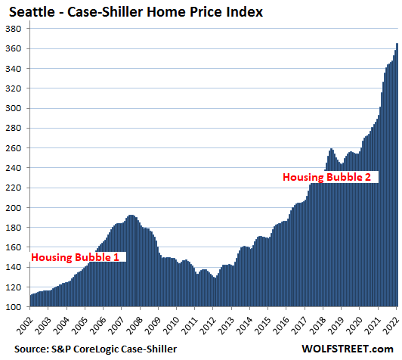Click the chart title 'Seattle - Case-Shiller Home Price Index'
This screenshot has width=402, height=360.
136,12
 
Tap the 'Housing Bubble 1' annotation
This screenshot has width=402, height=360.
75,257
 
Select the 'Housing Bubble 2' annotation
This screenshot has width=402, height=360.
326,177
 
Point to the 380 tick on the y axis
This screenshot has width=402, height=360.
13,29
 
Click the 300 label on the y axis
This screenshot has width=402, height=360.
13,108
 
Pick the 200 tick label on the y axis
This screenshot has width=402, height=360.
13,207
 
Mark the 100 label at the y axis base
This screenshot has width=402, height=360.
13,307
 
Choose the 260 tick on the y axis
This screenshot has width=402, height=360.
13,148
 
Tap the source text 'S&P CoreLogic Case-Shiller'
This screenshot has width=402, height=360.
114,349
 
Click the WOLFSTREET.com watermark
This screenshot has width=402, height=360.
348,349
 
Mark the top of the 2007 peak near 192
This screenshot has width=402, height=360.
131,216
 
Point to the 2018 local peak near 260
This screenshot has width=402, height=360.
331,149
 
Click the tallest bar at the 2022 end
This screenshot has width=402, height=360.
397,175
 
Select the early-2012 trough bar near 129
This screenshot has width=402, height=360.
215,292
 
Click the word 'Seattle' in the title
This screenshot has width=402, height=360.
32,12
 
